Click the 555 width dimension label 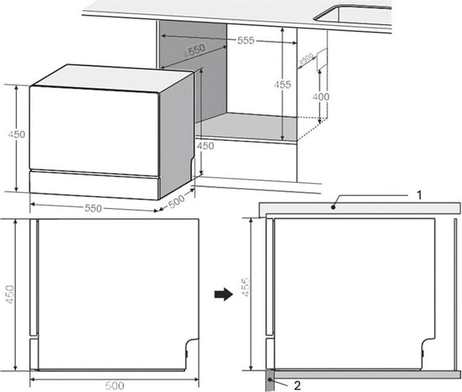click(246, 41)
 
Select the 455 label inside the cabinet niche click(282, 85)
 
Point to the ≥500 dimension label click(306, 61)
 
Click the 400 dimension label click(321, 97)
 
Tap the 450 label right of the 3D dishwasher click(205, 146)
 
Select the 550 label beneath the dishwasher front click(94, 209)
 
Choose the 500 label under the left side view click(114, 385)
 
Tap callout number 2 click(296, 386)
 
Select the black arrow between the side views click(222, 294)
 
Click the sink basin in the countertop click(359, 15)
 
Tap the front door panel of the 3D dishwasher click(93, 131)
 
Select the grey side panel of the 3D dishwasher click(176, 135)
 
